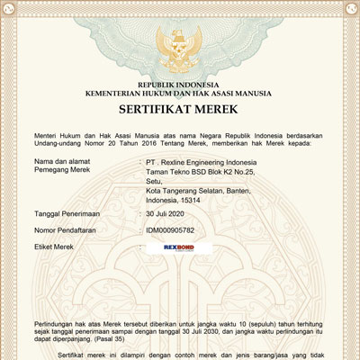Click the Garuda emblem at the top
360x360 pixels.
point(180,45)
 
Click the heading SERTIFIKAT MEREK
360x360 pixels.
point(180,110)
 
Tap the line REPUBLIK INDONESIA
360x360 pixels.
point(180,83)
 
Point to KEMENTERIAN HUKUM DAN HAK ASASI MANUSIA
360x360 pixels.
point(180,93)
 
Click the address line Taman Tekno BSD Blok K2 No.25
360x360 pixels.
point(201,171)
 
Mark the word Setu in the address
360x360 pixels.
point(154,180)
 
